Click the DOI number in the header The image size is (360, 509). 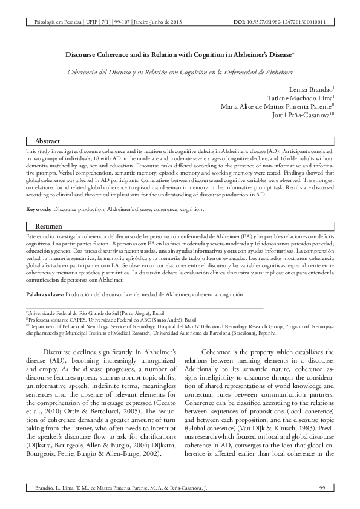click(287, 22)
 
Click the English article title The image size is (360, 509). click(180, 54)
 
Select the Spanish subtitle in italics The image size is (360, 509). click(180, 72)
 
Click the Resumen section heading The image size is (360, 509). click(48, 225)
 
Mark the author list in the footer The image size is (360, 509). click(115, 487)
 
